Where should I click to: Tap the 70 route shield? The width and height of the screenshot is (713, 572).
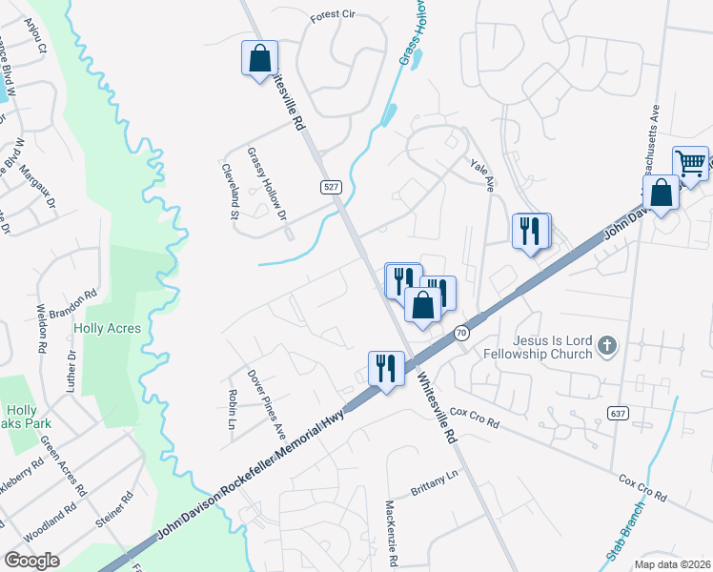pyautogui.click(x=461, y=333)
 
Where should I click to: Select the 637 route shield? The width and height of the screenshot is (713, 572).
pyautogui.click(x=616, y=411)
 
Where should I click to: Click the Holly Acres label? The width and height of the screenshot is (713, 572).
pyautogui.click(x=107, y=328)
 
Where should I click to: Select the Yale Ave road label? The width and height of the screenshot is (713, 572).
pyautogui.click(x=483, y=174)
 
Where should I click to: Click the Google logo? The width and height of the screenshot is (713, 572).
pyautogui.click(x=32, y=560)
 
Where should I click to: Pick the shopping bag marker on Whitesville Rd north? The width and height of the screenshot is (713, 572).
pyautogui.click(x=259, y=59)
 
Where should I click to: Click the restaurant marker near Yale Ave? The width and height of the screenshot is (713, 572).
pyautogui.click(x=531, y=231)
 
